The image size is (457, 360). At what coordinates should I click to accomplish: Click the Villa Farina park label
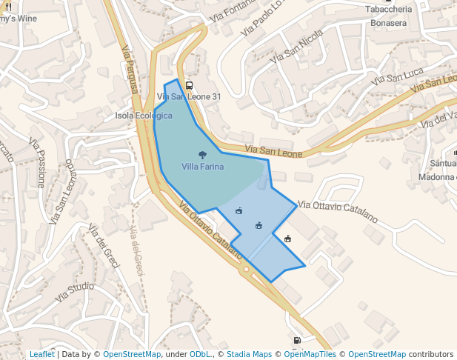point(202,167)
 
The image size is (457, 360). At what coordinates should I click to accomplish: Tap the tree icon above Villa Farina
point(202,155)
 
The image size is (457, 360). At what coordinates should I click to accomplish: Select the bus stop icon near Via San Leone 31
point(189,85)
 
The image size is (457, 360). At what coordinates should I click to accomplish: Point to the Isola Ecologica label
point(144,116)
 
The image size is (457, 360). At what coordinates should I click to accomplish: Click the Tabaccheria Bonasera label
point(389,16)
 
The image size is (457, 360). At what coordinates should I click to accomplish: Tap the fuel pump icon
point(297,341)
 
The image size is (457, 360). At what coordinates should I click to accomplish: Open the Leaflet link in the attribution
point(41,354)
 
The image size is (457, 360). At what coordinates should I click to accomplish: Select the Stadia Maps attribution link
point(249,354)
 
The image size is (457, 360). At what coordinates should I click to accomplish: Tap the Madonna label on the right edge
point(438,177)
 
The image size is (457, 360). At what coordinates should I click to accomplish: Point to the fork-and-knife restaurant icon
point(8,7)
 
